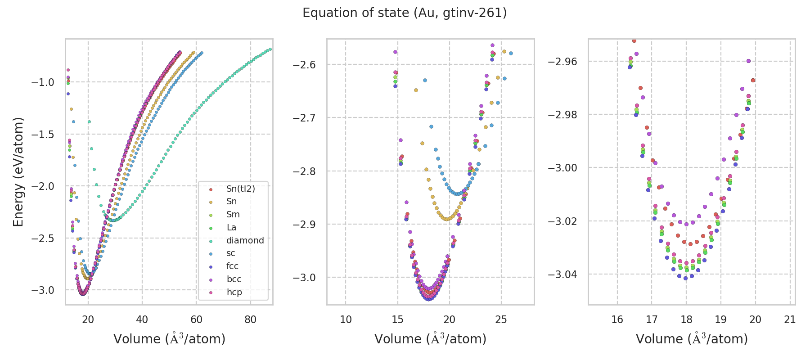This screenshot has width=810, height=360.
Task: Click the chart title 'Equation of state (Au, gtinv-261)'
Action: click(405, 13)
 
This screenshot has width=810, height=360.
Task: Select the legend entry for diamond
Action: click(245, 240)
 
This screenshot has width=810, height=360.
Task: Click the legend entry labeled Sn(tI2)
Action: click(240, 189)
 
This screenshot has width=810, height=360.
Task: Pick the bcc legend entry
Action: click(234, 279)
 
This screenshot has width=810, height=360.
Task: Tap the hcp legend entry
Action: click(234, 292)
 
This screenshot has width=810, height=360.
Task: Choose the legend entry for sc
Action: click(231, 253)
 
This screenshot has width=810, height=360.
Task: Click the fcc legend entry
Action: click(232, 266)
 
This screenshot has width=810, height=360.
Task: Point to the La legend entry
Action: click(231, 227)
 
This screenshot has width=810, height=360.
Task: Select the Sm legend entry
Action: click(233, 214)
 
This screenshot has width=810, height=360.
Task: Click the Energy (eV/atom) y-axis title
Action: click(18, 172)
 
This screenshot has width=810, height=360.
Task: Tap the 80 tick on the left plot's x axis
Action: click(250, 319)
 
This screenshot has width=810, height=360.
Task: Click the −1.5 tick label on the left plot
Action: click(43, 135)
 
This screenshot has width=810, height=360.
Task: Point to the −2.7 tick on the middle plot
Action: click(304, 118)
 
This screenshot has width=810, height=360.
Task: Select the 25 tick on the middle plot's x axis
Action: click(501, 319)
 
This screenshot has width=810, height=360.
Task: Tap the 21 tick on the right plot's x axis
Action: click(790, 319)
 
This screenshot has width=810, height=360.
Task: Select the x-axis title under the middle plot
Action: click(430, 339)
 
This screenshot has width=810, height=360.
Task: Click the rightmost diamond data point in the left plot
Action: click(270, 49)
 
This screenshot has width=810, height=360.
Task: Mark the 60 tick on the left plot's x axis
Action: click(196, 319)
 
